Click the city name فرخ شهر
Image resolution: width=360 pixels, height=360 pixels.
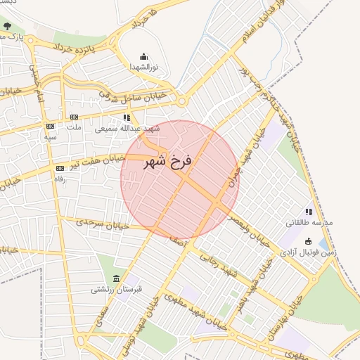[168, 162]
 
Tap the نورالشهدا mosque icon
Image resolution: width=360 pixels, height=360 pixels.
[144, 56]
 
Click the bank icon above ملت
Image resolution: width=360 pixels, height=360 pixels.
[74, 117]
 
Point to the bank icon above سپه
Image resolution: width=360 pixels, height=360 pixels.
[50, 127]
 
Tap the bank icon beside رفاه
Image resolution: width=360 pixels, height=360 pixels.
[60, 168]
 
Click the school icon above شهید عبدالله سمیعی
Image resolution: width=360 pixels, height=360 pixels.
[127, 118]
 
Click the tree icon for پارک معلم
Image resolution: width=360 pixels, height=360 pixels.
[6, 27]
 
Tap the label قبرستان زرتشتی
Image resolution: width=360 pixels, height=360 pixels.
[116, 289]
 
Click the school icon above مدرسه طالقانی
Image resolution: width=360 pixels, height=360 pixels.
[309, 212]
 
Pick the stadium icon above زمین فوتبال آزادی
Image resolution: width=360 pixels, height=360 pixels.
[309, 242]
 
